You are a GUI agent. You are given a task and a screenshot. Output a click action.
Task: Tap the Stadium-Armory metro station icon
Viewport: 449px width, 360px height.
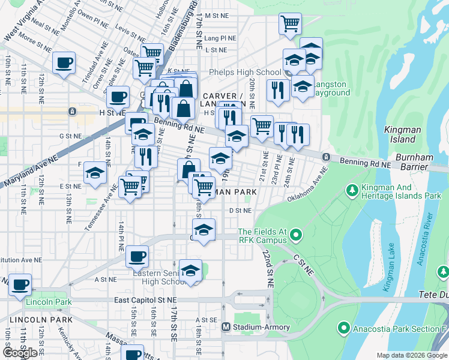point(226,327)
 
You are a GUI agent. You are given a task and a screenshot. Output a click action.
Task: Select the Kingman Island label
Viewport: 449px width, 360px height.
point(399,134)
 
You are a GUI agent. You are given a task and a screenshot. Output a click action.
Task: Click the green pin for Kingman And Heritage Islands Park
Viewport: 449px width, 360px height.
point(352,190)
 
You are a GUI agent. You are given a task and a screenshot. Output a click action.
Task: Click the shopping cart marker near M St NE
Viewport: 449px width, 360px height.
point(290,24)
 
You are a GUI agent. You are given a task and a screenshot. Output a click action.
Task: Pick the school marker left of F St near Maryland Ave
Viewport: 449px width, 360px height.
point(95,173)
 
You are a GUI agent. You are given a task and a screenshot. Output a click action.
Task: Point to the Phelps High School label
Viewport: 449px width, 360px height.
point(240,73)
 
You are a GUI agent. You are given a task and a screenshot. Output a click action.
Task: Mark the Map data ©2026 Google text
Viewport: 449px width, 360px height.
point(412,355)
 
